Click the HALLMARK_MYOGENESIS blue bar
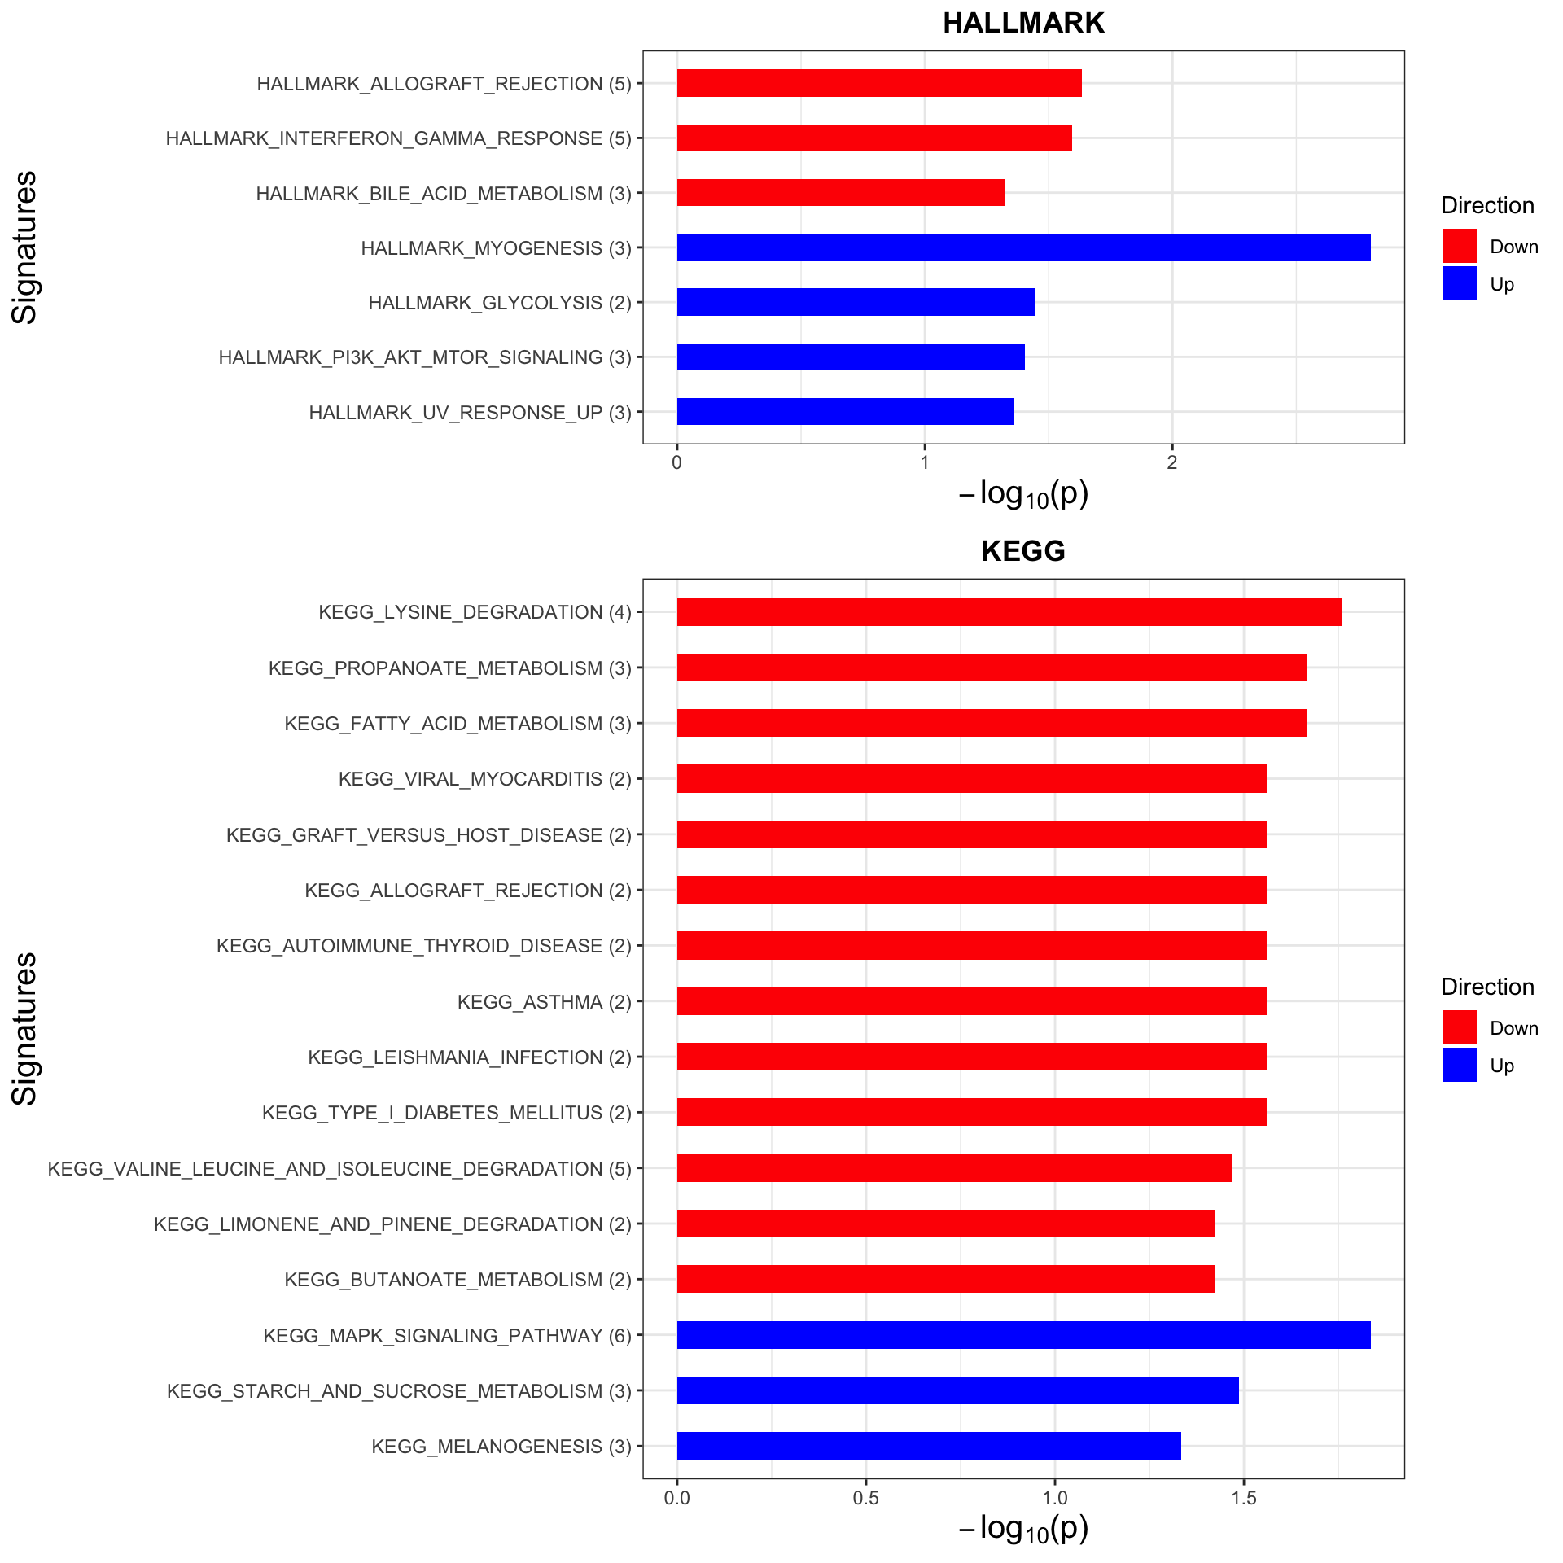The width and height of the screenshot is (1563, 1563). tap(1023, 247)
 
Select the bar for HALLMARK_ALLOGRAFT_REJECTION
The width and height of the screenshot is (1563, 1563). tap(879, 83)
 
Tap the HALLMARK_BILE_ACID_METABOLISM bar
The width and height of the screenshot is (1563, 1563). tap(841, 193)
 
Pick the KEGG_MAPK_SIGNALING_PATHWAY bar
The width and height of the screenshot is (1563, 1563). tap(1023, 1335)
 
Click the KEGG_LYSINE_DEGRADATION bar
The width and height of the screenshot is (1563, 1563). tap(1009, 611)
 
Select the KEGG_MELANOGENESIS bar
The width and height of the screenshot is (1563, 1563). tap(929, 1446)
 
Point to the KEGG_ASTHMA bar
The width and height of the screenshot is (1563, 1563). tap(971, 1001)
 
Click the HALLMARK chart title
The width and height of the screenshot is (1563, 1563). tap(1023, 23)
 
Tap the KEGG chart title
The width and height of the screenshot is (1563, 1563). tap(1023, 551)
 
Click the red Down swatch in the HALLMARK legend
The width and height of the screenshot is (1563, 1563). tap(1459, 246)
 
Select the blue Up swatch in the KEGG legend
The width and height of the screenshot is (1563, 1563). tap(1459, 1065)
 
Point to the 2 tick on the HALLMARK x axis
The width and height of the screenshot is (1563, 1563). tap(1171, 462)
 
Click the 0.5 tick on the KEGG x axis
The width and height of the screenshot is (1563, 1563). tap(865, 1499)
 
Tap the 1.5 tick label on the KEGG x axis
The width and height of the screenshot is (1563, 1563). tap(1243, 1499)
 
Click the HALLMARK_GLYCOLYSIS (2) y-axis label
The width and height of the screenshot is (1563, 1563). tap(500, 303)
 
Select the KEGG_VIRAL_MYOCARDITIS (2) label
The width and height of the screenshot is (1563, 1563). tap(485, 779)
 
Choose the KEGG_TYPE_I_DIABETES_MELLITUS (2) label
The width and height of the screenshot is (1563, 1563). tap(447, 1113)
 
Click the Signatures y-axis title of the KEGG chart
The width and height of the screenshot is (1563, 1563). tap(25, 1028)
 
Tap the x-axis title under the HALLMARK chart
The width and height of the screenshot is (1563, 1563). tap(1023, 494)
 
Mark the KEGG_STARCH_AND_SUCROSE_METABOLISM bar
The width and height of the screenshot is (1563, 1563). tap(957, 1390)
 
